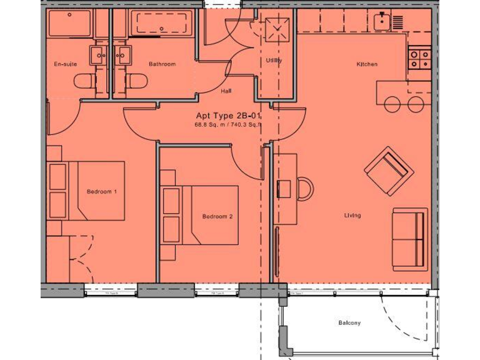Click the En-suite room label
[66, 64]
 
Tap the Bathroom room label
[162, 64]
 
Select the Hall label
[226, 91]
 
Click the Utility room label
[274, 61]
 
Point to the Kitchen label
[367, 64]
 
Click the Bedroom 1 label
[101, 191]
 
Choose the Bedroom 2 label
[217, 217]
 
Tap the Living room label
[352, 216]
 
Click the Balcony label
[349, 323]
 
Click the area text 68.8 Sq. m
[212, 125]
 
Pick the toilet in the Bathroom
[136, 81]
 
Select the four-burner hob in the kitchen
[419, 60]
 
